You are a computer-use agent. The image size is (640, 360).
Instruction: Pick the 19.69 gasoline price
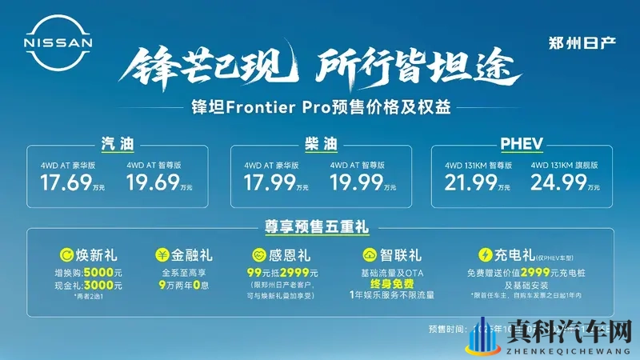152,185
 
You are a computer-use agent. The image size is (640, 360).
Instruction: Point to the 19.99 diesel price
354,185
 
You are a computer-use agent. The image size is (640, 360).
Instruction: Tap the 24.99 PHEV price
556,185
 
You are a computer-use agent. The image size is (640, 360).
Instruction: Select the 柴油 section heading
320,145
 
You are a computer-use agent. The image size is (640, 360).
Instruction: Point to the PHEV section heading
522,145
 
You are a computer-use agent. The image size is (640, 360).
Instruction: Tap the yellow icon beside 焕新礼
58,257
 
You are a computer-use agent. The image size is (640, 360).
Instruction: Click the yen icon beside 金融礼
162,257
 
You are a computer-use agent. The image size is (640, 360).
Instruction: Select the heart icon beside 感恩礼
258,257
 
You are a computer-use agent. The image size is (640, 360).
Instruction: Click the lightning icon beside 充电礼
484,257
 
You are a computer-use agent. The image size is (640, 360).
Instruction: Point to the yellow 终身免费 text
390,283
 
